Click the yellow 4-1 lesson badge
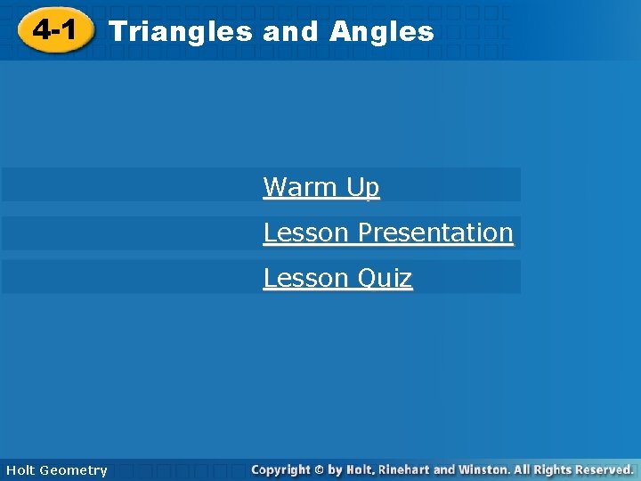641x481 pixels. [55, 32]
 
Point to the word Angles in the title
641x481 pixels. [381, 33]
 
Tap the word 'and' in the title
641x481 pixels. [290, 33]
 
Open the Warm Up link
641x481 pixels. [320, 187]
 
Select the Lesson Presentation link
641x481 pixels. [387, 232]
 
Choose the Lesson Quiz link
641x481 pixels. [337, 278]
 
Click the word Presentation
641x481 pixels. [435, 232]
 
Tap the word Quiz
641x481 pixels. [385, 278]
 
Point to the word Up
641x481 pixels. [363, 187]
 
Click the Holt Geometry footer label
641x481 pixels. [56, 469]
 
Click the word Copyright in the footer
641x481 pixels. [280, 469]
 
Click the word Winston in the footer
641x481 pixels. [486, 469]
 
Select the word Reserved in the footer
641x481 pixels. [603, 469]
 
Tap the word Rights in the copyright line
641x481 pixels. [551, 469]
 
